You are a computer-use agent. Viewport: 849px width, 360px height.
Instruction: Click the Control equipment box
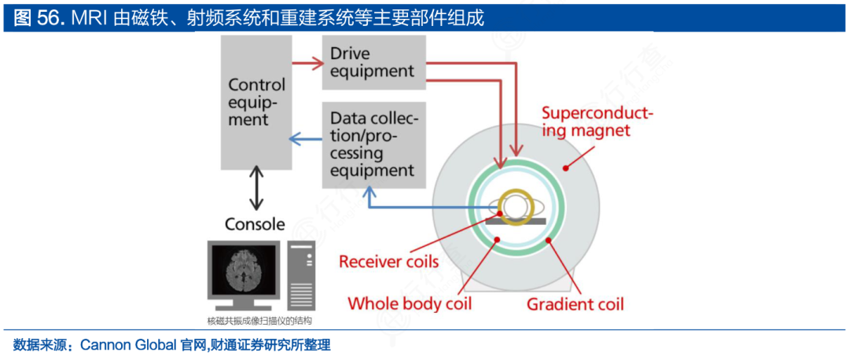point(256,102)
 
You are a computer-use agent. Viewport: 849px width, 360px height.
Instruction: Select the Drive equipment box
point(373,63)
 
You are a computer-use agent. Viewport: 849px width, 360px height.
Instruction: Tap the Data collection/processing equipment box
point(373,145)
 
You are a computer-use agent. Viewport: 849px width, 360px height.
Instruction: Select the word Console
point(255,223)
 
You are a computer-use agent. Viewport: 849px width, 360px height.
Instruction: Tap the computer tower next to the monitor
point(302,276)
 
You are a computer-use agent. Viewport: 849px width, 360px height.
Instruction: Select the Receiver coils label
point(388,262)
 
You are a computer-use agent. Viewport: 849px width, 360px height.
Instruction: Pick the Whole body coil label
point(410,303)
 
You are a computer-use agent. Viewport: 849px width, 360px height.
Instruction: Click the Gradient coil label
point(575,303)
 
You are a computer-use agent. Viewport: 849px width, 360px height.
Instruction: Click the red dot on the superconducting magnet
point(565,168)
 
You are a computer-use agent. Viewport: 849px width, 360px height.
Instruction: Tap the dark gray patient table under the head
point(516,222)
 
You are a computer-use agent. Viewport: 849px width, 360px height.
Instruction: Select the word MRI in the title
point(89,18)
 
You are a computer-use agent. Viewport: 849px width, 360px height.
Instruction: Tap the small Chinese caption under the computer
point(259,321)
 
